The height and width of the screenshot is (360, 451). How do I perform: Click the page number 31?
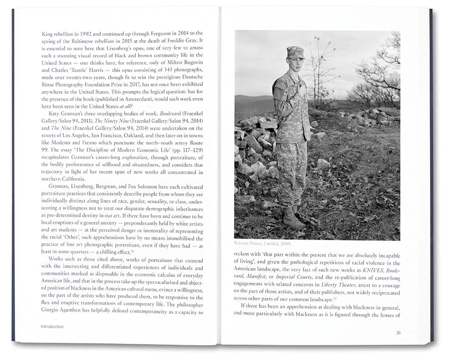[398, 333]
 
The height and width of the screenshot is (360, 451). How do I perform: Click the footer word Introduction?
[52, 327]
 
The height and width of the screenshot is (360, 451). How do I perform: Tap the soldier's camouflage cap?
[295, 52]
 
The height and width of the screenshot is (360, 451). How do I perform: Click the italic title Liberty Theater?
[338, 285]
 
